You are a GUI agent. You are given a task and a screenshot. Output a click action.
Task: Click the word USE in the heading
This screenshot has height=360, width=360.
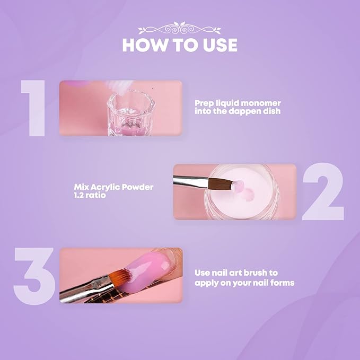click(x=217, y=45)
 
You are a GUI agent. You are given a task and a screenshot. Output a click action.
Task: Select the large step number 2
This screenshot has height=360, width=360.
click(x=323, y=192)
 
